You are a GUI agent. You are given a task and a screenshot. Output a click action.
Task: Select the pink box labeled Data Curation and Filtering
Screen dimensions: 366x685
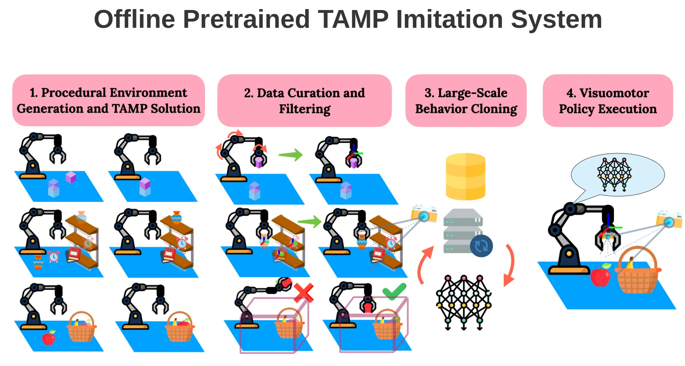(x=305, y=101)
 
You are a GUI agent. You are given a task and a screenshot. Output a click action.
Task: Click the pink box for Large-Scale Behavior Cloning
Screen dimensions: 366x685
(x=466, y=101)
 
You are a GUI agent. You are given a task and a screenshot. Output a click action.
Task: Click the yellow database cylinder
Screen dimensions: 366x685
(x=466, y=176)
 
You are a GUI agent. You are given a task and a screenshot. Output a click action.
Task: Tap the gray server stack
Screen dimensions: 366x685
(x=462, y=230)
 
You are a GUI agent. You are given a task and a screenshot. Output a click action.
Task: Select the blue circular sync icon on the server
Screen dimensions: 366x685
(x=481, y=246)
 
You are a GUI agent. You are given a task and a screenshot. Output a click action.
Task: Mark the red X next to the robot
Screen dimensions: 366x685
(x=304, y=293)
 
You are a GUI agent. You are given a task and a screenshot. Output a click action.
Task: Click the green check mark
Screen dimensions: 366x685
(x=394, y=291)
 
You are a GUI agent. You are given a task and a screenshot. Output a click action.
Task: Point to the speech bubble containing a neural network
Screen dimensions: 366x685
(x=617, y=175)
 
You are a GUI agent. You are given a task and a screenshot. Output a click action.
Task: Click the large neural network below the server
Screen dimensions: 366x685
(x=464, y=302)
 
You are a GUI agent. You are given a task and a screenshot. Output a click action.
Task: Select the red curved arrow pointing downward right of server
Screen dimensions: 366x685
(x=509, y=265)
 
